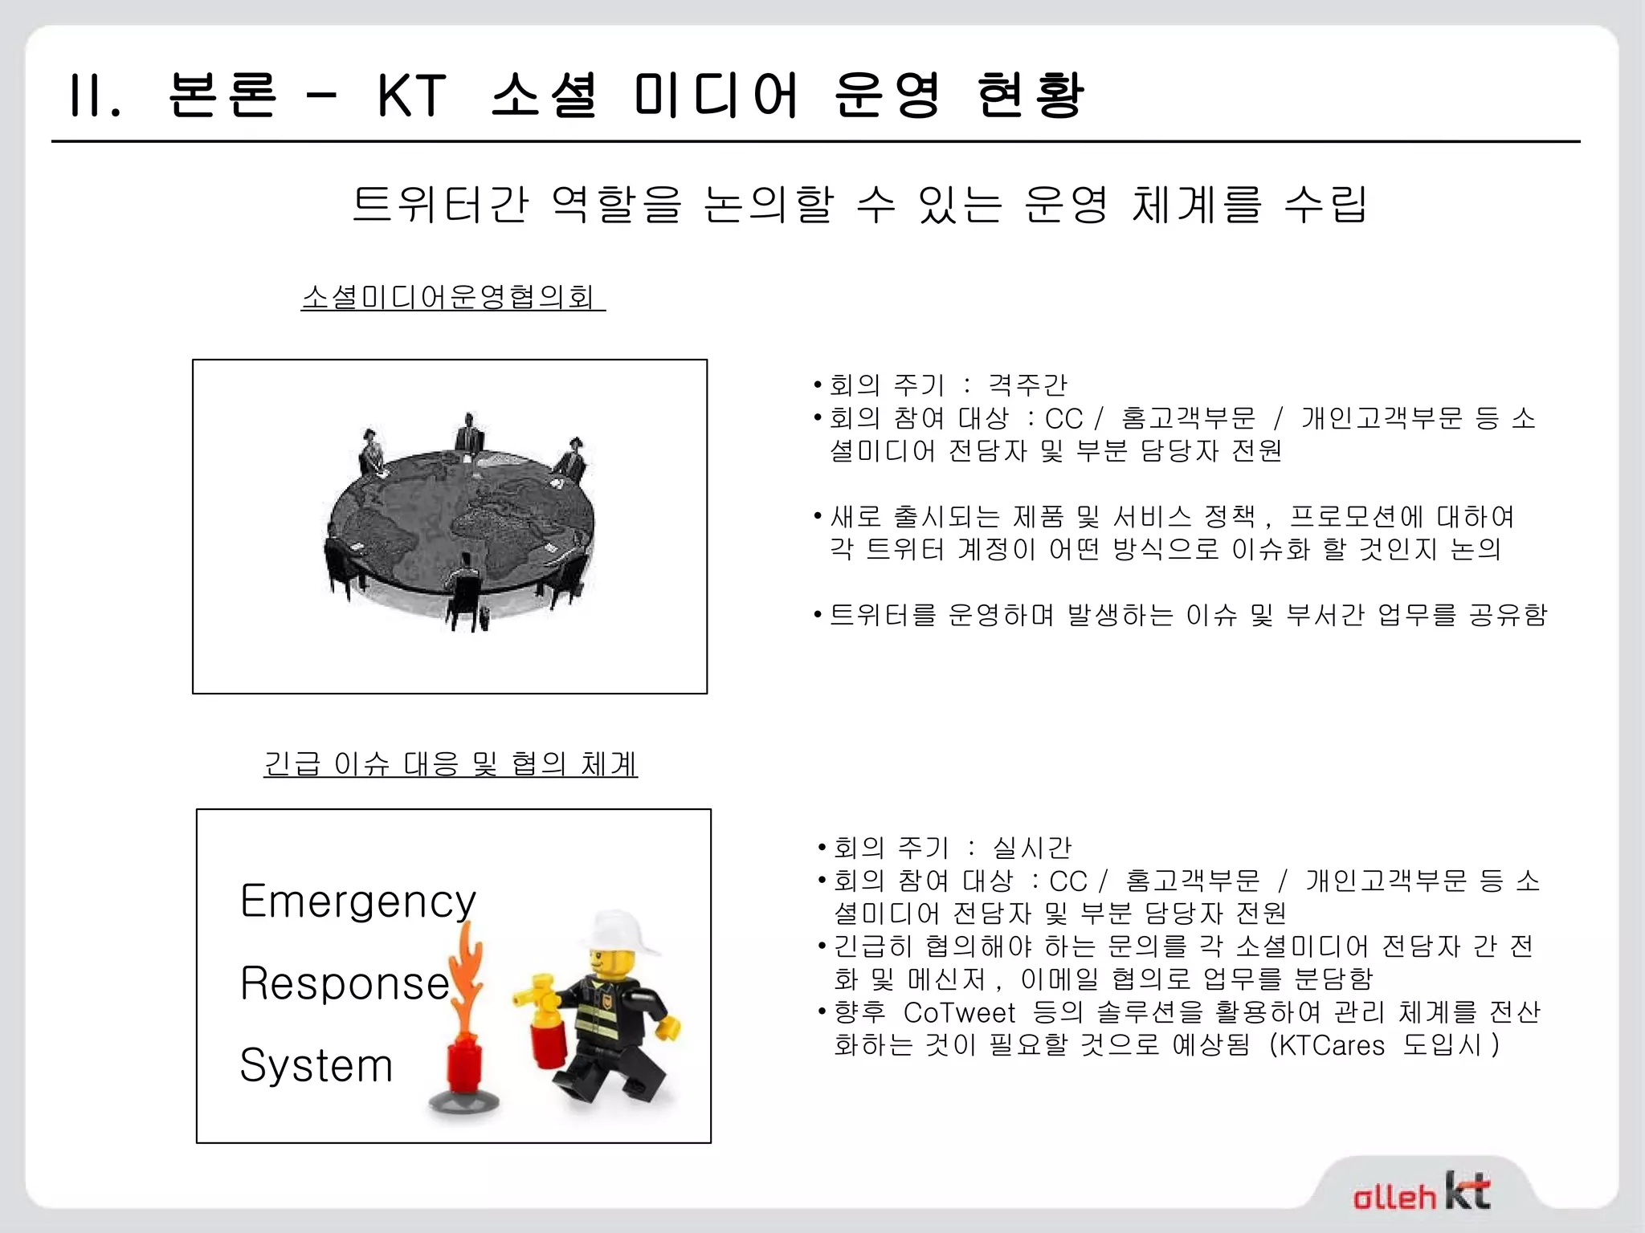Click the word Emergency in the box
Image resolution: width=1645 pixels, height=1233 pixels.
coord(357,901)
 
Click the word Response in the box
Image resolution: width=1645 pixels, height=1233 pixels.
coord(345,983)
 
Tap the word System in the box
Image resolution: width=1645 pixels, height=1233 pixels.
coord(316,1065)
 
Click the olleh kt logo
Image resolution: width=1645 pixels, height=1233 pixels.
coord(1421,1192)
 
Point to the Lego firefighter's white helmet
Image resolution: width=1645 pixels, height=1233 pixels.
coord(619,932)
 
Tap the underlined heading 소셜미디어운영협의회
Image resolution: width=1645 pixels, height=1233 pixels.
coord(452,297)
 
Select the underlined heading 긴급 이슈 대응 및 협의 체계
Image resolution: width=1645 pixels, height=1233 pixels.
coord(451,763)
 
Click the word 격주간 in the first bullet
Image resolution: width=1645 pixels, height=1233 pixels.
coord(1027,385)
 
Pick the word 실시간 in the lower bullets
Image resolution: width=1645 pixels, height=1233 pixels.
coord(1032,848)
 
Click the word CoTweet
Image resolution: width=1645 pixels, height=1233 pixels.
coord(959,1012)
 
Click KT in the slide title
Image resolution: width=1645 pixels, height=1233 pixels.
coord(411,96)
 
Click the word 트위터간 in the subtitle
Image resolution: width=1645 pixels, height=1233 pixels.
coord(440,204)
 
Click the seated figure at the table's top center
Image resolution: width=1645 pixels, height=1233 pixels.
coord(469,437)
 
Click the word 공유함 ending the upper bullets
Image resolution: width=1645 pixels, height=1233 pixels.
coord(1508,615)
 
